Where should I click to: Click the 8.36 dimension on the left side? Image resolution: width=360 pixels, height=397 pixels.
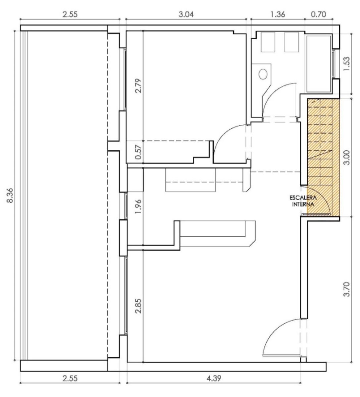[x=10, y=195]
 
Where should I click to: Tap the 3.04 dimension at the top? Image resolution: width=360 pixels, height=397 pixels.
[x=186, y=15]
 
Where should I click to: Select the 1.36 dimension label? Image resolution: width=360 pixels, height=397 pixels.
[x=278, y=15]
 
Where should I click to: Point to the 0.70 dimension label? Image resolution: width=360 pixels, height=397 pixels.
[x=318, y=15]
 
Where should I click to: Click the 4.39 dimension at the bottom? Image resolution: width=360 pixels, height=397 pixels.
[x=214, y=378]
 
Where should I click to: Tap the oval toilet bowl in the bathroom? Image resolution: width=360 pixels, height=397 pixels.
[x=263, y=74]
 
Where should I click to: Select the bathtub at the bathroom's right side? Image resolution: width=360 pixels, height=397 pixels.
[x=319, y=64]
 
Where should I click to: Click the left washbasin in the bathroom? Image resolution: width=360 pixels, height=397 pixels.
[x=268, y=42]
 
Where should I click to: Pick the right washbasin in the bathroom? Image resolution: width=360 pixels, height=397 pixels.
[x=291, y=42]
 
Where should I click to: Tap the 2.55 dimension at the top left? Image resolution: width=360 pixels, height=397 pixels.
[x=70, y=15]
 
